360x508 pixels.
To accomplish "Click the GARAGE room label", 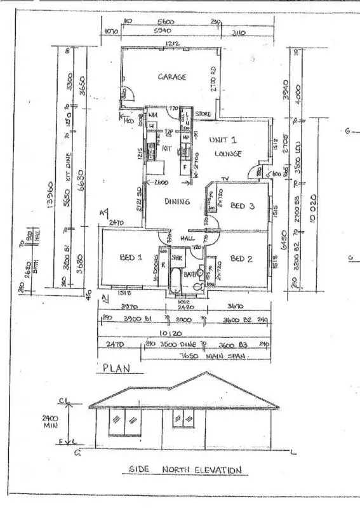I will coord(171,77).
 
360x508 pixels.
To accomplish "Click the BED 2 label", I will coord(242,258).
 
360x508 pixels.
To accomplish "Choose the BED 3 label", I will coord(242,206).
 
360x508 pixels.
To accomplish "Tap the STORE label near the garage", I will coord(203,114).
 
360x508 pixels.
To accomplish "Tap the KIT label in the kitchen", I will coord(168,148).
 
